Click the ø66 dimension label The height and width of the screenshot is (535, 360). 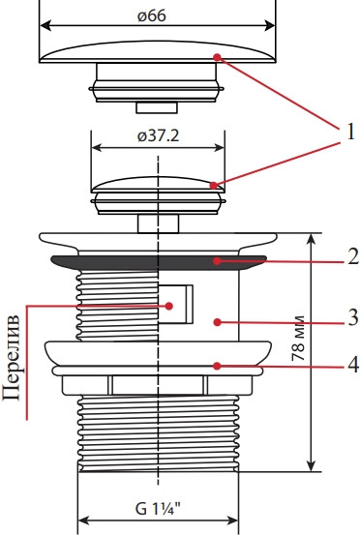click(152, 16)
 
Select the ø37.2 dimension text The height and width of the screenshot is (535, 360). click(158, 136)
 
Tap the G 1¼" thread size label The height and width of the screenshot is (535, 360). click(158, 510)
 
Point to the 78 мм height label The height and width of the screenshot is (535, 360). click(298, 339)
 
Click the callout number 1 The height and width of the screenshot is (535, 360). click(350, 132)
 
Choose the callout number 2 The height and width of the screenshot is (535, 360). click(353, 256)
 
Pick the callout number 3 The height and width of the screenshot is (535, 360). click(353, 317)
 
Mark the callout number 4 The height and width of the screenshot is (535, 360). click(353, 365)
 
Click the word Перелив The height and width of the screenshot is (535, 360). click(12, 358)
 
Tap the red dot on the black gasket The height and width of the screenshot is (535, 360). click(217, 261)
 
